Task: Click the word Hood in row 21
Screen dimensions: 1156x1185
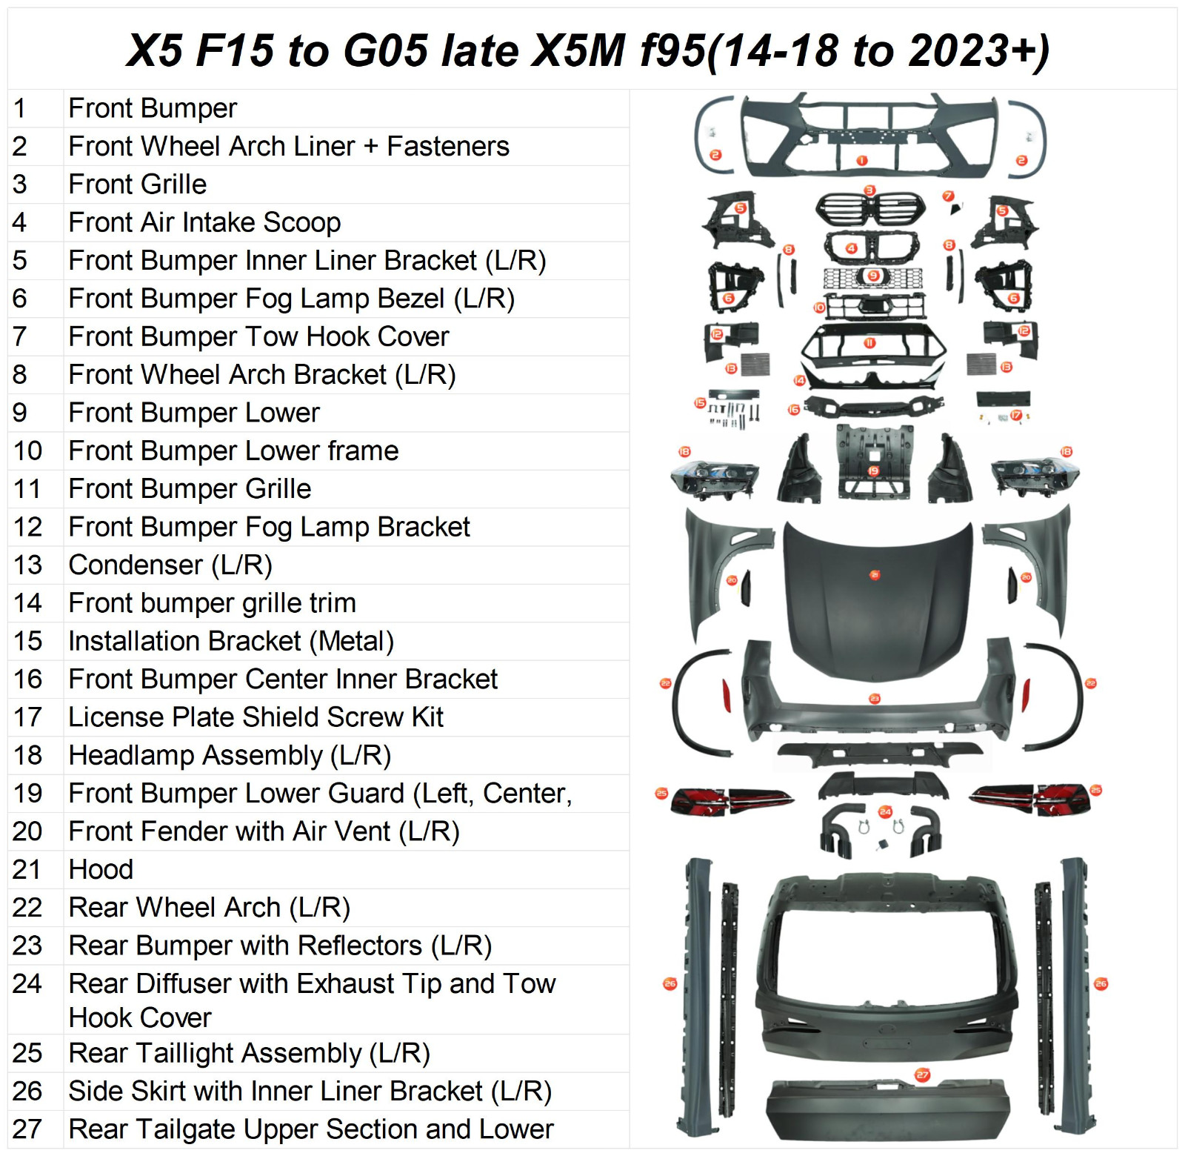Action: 101,869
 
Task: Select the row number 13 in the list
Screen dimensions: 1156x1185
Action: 28,565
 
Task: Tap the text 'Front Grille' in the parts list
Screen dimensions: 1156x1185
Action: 138,184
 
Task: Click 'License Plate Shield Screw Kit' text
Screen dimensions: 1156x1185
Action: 256,717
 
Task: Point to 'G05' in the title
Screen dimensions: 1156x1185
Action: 385,50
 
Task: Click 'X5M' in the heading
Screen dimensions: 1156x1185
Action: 579,50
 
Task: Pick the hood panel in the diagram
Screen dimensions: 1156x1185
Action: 878,608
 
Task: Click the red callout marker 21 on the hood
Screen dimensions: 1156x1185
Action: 875,575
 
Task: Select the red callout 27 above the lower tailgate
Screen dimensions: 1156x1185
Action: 922,1074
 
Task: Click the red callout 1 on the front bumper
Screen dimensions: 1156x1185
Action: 862,161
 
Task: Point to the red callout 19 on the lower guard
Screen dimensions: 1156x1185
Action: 873,471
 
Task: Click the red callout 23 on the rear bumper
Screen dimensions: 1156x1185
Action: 875,698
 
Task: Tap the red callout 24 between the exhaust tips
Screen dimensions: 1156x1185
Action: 885,811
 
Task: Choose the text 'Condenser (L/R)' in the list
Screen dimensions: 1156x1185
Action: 170,565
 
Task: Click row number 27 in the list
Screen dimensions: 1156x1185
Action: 27,1129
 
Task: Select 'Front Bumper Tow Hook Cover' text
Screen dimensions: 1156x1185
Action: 258,336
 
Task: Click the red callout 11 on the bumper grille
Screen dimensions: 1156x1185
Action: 869,343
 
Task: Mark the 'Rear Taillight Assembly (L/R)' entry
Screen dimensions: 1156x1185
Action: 249,1052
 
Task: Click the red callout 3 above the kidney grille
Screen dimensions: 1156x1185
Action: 870,190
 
